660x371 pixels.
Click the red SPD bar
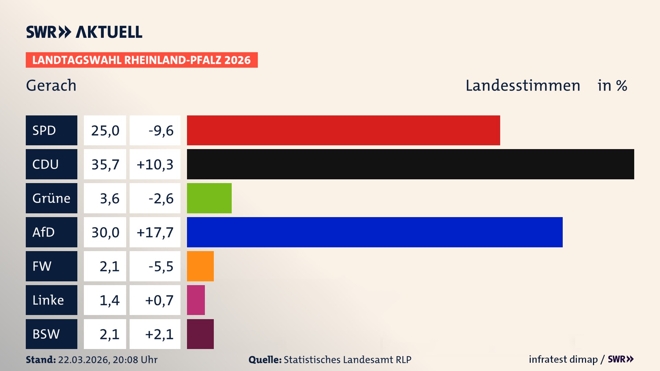coord(343,131)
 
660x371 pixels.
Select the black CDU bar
coord(410,164)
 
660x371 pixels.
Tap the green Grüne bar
coord(209,198)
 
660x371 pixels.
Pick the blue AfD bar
coord(374,232)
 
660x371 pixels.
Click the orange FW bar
coord(200,266)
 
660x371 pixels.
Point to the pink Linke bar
coord(196,300)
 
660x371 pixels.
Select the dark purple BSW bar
coord(200,334)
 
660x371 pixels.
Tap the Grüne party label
coord(51,198)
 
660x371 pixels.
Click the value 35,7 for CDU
coord(105,165)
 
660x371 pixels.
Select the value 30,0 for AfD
coord(105,233)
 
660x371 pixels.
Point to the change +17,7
coord(155,233)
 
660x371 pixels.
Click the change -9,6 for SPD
coord(161,131)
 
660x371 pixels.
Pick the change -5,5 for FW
coord(161,266)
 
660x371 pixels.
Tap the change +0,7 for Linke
coord(159,300)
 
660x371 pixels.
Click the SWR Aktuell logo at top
coord(84,32)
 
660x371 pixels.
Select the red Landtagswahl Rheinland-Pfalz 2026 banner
coord(141,60)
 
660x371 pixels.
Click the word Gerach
coord(51,86)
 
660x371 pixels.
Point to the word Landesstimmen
coord(522,86)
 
